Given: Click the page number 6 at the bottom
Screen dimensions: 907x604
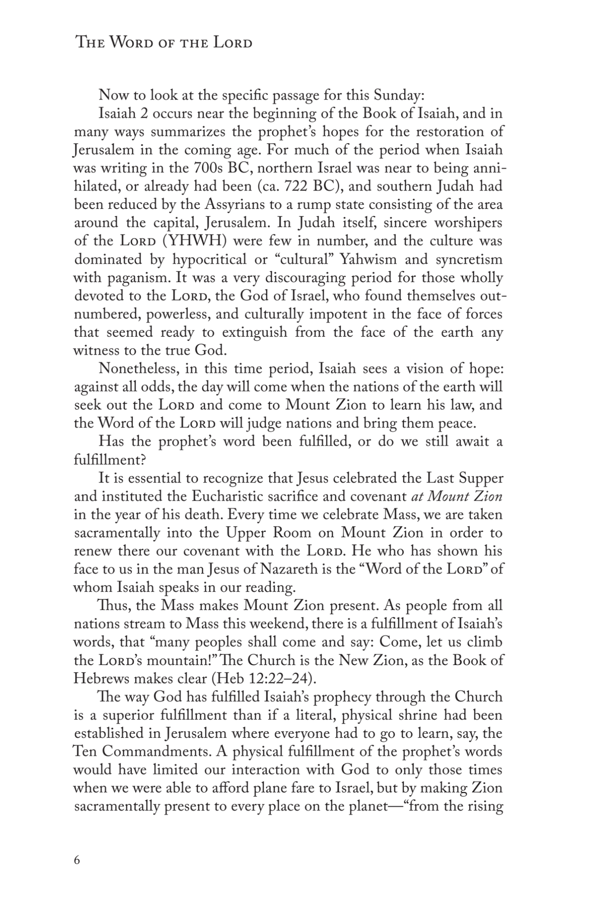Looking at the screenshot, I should tap(77, 860).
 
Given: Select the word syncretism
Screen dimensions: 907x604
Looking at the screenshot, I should tap(469, 260).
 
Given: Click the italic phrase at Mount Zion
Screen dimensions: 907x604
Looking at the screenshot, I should tap(456, 496).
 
